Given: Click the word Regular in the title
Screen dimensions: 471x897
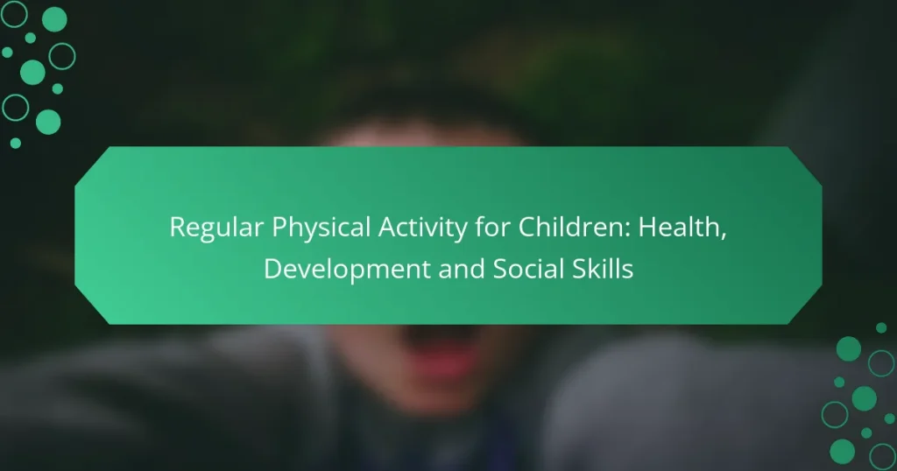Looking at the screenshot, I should click(x=212, y=228).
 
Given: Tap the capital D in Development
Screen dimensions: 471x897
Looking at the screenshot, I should click(x=272, y=270).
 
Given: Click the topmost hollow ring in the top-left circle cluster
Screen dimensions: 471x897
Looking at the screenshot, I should click(x=15, y=13).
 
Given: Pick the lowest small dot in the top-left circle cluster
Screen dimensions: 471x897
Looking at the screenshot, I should click(x=15, y=143).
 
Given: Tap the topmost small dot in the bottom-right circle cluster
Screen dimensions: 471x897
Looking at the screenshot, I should click(x=881, y=327).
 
